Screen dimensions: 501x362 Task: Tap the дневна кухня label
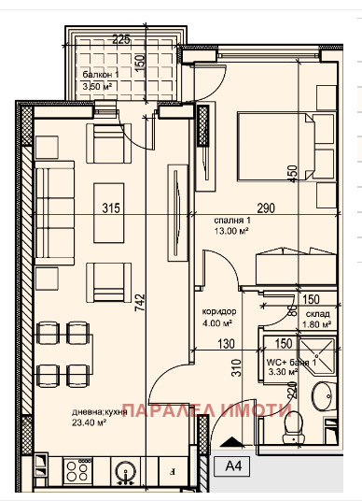(x=100, y=410)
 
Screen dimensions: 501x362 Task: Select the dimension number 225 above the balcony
(x=120, y=40)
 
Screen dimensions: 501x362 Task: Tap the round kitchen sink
(x=122, y=471)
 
